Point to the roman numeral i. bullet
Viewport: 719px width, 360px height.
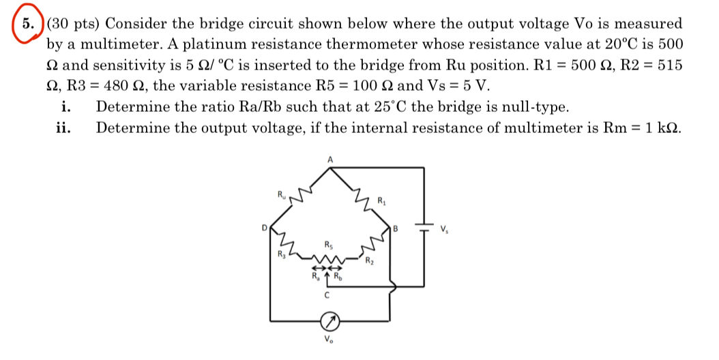tap(67, 107)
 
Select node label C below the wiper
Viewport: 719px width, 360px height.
tap(328, 295)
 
